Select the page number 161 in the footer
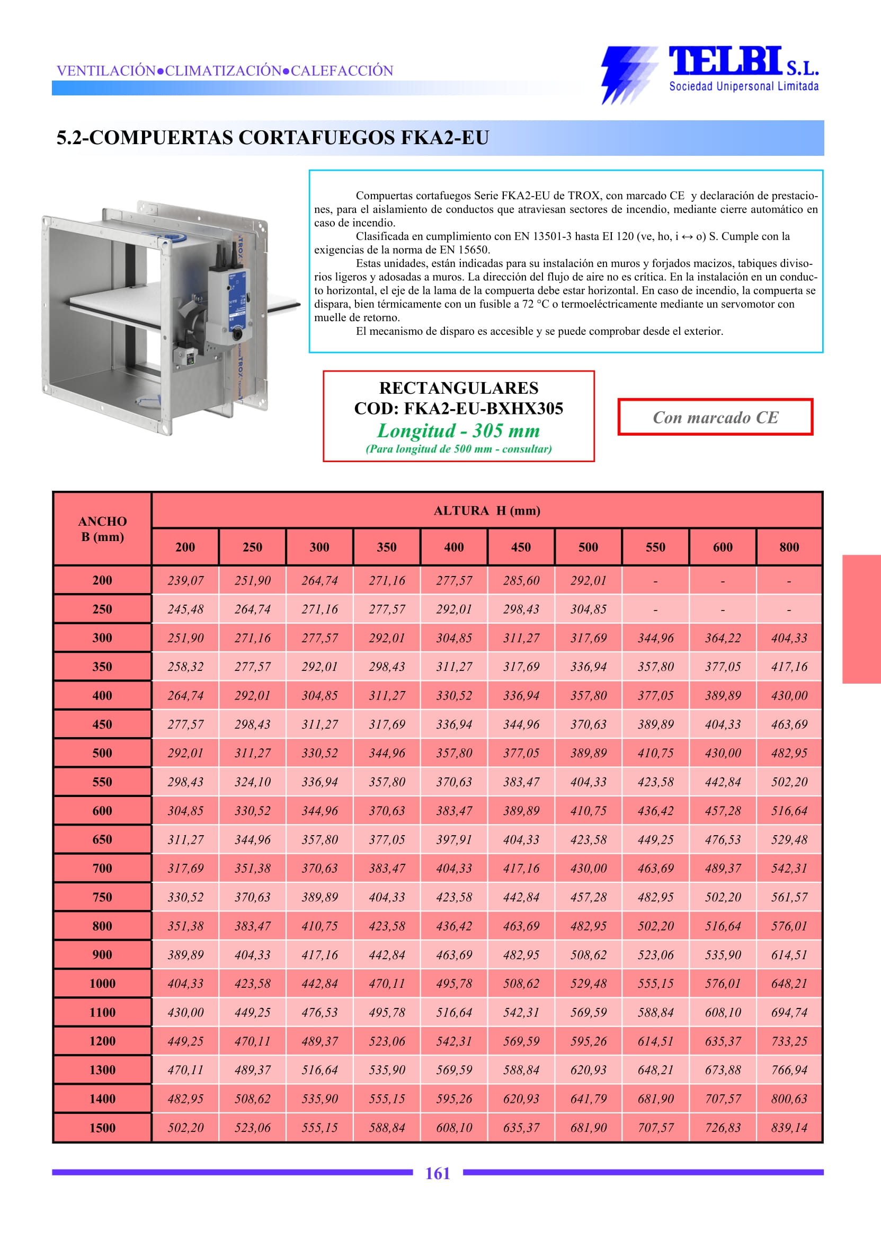click(x=437, y=1173)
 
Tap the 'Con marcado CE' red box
click(x=715, y=417)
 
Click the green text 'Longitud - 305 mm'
click(x=458, y=430)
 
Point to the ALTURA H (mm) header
click(x=487, y=510)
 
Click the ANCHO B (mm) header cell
click(x=102, y=528)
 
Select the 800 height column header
click(x=789, y=547)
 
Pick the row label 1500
click(x=102, y=1128)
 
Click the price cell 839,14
click(x=789, y=1128)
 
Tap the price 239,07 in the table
click(x=185, y=581)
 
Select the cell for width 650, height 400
click(x=454, y=839)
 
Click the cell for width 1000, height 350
click(x=387, y=984)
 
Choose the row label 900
click(x=102, y=954)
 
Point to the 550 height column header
click(x=655, y=547)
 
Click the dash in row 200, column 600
click(x=723, y=581)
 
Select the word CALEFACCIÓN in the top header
click(x=342, y=70)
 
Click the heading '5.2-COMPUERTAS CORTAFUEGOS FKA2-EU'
click(x=273, y=138)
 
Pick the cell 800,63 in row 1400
click(x=789, y=1099)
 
